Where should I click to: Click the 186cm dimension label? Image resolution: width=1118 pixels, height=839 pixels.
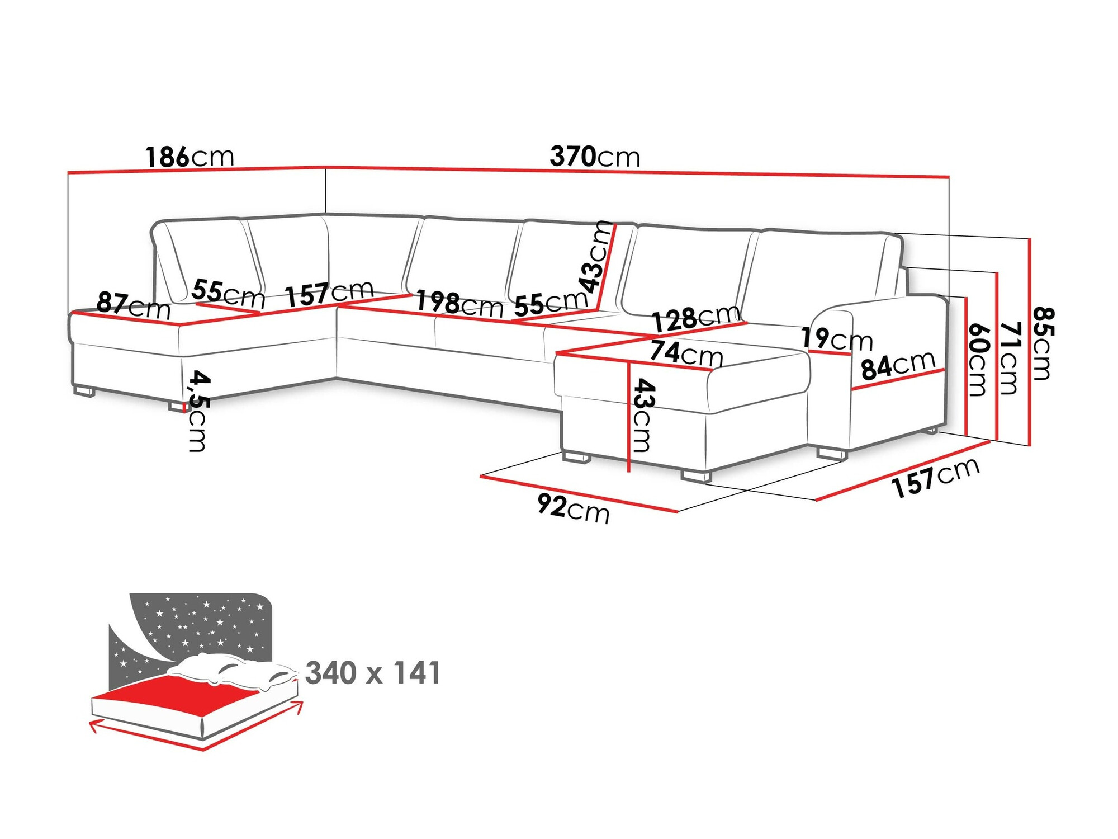[x=190, y=157]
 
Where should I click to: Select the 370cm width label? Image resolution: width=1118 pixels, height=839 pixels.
[x=595, y=157]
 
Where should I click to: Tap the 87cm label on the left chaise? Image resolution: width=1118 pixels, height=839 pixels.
[x=133, y=306]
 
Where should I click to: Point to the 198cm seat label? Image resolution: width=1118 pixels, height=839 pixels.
[x=459, y=304]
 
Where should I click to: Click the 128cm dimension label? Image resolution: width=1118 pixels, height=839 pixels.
[x=697, y=319]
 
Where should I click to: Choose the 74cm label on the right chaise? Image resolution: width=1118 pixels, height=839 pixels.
[x=686, y=353]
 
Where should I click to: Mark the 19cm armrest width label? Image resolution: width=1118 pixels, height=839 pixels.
[x=836, y=339]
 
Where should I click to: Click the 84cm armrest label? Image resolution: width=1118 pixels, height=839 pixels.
[x=898, y=366]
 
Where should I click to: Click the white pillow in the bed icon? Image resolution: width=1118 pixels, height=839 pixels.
[x=235, y=671]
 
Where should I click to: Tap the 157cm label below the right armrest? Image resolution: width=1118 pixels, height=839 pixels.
[x=936, y=477]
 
